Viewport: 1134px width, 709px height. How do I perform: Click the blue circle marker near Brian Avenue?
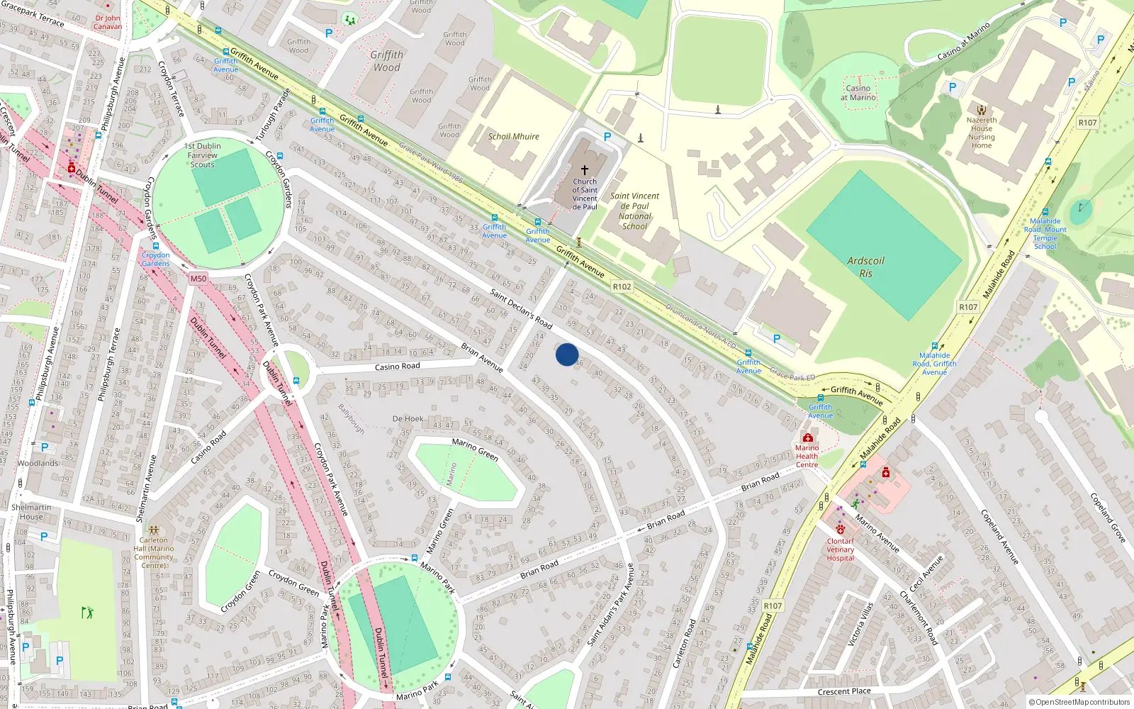point(567,354)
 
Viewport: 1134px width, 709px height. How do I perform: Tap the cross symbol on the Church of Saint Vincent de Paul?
point(585,170)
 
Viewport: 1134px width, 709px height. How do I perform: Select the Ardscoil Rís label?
point(865,267)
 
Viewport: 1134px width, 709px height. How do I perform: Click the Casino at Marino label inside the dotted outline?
point(858,93)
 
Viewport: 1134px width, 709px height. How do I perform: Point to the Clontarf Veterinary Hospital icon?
point(841,529)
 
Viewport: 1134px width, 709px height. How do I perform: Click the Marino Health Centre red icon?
point(807,437)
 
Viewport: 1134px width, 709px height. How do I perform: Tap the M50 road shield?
point(198,279)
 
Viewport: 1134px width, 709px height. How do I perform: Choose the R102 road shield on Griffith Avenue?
point(622,286)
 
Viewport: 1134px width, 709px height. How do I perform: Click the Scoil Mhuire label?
point(514,137)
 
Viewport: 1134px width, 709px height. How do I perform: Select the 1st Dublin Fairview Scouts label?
point(203,155)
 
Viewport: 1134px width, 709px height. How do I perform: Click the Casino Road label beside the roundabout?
point(397,367)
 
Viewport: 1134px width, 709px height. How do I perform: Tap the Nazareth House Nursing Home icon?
point(982,110)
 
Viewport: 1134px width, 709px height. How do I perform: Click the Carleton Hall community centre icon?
point(154,530)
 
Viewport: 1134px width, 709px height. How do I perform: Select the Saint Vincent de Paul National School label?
point(634,211)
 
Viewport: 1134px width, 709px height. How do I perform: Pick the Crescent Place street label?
point(844,691)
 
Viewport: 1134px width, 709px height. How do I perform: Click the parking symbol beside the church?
point(607,137)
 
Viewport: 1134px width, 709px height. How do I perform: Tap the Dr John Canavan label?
point(108,22)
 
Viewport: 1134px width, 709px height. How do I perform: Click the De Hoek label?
point(408,419)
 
